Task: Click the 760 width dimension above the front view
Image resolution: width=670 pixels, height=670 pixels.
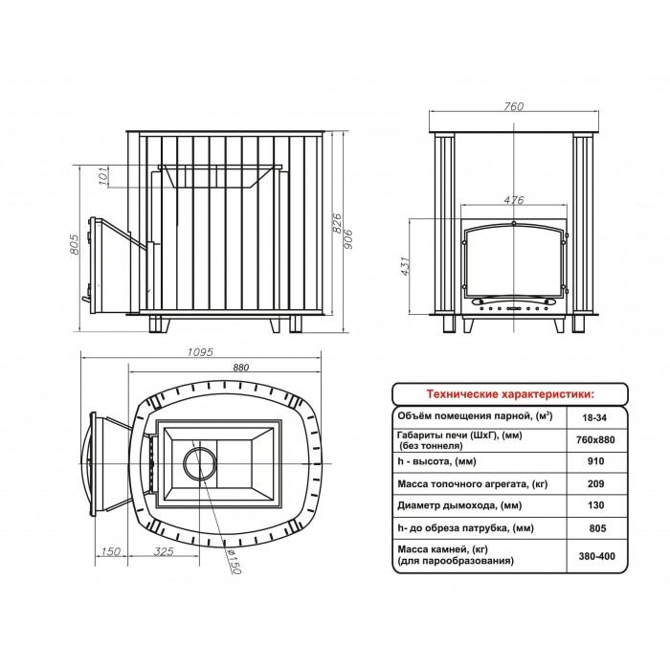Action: point(513,106)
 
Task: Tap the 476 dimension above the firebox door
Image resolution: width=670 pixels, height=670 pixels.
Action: point(513,199)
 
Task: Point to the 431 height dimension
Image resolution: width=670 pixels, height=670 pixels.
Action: point(405,266)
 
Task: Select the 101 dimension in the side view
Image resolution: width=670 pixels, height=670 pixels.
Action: point(103,176)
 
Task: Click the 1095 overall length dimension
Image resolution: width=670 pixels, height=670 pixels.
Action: point(200,352)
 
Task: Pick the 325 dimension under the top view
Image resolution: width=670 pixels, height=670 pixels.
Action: point(164,551)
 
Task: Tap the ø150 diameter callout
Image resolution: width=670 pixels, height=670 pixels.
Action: point(234,562)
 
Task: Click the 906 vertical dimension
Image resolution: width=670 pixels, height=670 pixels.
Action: point(348,239)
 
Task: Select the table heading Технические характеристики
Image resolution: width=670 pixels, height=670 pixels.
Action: point(510,393)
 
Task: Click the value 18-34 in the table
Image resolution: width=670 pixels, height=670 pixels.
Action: point(594,417)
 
